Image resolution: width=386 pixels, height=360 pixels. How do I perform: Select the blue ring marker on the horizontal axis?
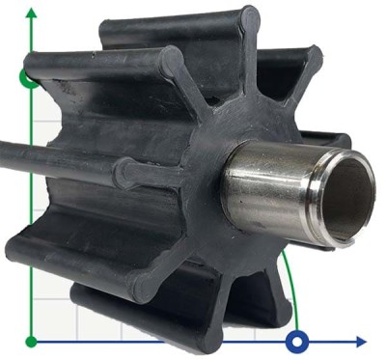point(298,341)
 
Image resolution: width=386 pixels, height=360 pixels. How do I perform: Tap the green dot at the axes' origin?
point(32,341)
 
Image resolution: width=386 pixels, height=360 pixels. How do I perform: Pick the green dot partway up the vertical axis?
point(30,77)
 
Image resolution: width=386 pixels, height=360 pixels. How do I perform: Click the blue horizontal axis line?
point(193,341)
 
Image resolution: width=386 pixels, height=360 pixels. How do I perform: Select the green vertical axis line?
point(32,241)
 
